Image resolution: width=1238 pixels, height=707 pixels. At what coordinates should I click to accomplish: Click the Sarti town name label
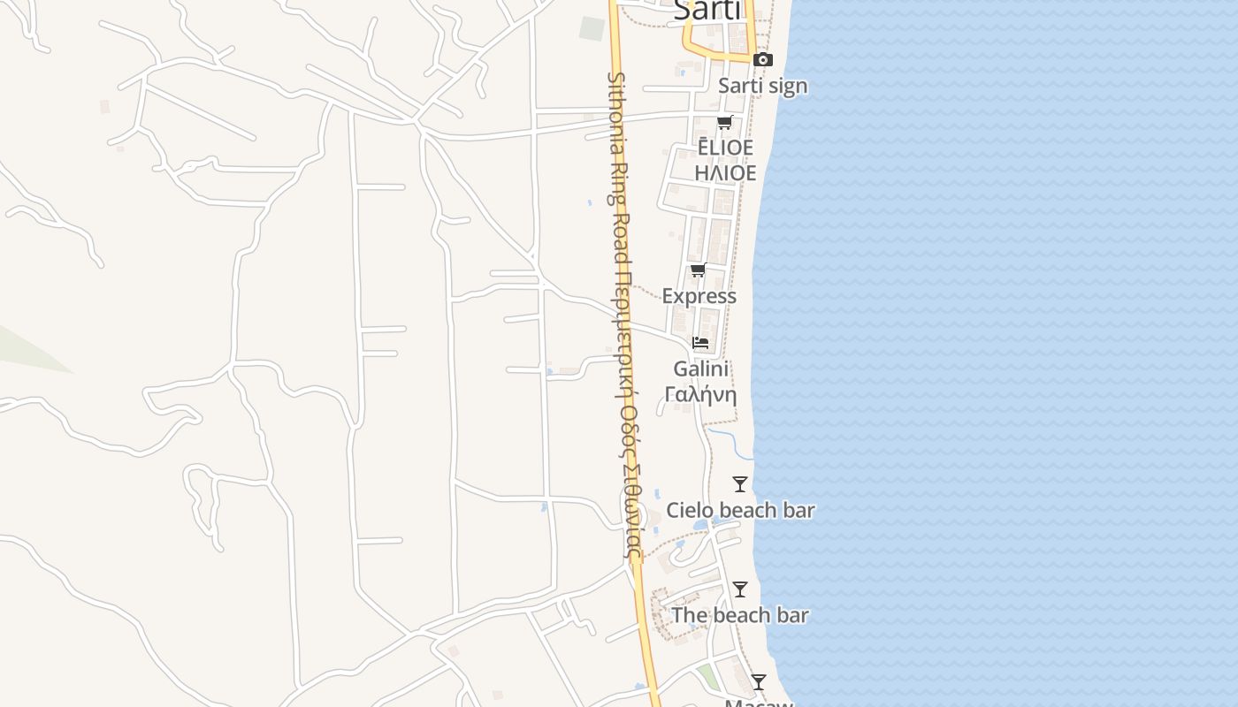[707, 10]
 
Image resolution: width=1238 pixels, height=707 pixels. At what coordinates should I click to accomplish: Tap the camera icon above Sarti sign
[762, 60]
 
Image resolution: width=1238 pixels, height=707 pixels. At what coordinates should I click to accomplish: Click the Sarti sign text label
[762, 86]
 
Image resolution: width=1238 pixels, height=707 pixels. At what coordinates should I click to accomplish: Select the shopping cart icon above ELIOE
[725, 122]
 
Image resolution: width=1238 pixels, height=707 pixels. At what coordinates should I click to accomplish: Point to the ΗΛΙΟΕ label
[725, 173]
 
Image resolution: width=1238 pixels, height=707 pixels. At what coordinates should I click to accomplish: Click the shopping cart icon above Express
[699, 270]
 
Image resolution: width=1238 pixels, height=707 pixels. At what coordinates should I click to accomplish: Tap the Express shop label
[699, 296]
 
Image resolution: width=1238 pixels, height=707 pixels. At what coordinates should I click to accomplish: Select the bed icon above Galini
[700, 342]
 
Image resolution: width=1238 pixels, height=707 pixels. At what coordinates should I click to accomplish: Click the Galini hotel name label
[700, 369]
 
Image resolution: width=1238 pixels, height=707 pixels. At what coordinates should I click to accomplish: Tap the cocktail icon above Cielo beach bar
[740, 484]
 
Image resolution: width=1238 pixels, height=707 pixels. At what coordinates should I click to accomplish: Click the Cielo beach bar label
[740, 510]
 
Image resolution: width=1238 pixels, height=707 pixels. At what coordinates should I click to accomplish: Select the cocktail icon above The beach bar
[740, 589]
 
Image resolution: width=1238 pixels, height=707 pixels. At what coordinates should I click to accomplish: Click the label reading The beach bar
[740, 615]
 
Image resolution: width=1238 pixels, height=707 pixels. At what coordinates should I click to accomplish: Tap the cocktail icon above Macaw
[759, 682]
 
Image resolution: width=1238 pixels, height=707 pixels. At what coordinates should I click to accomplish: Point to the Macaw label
[759, 703]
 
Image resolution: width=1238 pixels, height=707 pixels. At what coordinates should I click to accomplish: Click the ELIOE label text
[725, 148]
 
